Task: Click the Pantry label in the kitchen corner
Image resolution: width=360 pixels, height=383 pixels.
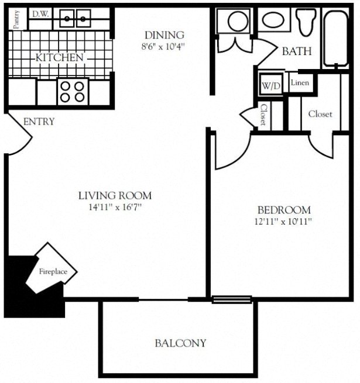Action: pyautogui.click(x=16, y=18)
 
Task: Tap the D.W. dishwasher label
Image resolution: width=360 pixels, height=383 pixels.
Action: pyautogui.click(x=40, y=14)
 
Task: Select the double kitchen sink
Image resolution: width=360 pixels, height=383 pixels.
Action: pyautogui.click(x=75, y=19)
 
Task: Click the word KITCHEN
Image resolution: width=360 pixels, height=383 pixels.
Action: pyautogui.click(x=60, y=58)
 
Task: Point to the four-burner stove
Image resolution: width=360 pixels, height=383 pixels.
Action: pyautogui.click(x=72, y=91)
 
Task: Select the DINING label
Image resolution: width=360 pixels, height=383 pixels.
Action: pyautogui.click(x=164, y=35)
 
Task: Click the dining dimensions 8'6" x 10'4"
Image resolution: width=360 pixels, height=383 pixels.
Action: pyautogui.click(x=164, y=46)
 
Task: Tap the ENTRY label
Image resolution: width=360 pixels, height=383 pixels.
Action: pyautogui.click(x=39, y=122)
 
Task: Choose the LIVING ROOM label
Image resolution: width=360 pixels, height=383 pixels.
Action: pyautogui.click(x=115, y=196)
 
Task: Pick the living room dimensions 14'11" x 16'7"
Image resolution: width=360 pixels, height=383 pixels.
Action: pyautogui.click(x=115, y=206)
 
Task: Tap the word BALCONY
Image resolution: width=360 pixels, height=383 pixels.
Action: pyautogui.click(x=180, y=343)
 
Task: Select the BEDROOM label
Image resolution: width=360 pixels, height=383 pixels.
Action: pyautogui.click(x=284, y=210)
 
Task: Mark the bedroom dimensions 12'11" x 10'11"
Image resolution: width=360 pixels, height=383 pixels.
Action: pyautogui.click(x=284, y=221)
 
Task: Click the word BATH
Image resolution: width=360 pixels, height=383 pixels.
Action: pyautogui.click(x=297, y=51)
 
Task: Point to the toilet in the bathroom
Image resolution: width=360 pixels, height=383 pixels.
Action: pyautogui.click(x=305, y=22)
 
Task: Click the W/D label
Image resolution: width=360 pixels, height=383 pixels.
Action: pyautogui.click(x=270, y=86)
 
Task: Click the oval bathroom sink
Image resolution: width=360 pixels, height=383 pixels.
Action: pyautogui.click(x=272, y=20)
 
